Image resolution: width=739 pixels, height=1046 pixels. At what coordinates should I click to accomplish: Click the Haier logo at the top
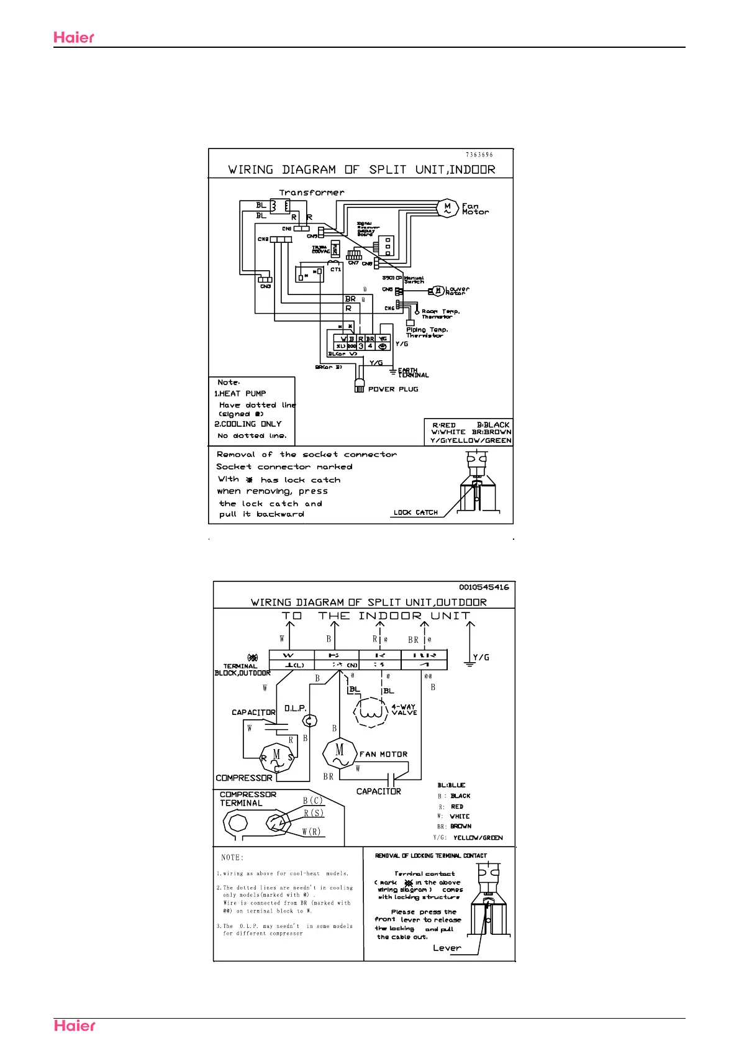(74, 37)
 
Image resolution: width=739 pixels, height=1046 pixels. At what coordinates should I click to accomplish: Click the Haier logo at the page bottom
(75, 1026)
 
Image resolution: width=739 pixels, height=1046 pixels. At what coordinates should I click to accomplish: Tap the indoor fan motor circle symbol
(447, 207)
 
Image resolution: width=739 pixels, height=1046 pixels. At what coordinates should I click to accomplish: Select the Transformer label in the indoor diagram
(311, 193)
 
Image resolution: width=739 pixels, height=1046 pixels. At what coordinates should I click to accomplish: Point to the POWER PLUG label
(393, 389)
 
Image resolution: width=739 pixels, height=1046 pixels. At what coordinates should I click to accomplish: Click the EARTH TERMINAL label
(413, 373)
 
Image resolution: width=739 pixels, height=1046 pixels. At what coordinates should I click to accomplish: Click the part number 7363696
(479, 155)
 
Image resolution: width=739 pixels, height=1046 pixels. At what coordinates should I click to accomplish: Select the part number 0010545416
(484, 587)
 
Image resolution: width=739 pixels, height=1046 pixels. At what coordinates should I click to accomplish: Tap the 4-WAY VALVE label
(404, 709)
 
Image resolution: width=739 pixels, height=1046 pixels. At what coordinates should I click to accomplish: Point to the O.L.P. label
(295, 708)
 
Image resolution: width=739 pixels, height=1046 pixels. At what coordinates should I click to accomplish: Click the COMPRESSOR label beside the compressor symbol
(244, 778)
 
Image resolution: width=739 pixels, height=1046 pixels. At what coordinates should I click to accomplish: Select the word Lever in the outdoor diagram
(447, 948)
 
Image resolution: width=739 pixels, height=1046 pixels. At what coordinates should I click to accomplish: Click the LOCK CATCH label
(415, 512)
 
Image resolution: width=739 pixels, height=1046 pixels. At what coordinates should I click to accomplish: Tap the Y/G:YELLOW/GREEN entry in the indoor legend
(471, 440)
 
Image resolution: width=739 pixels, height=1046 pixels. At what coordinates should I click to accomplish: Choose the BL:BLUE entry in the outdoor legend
(451, 785)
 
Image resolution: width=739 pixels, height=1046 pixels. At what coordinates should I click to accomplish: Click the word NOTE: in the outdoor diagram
(232, 858)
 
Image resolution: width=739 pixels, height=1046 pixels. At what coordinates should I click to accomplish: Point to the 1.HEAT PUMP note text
(240, 394)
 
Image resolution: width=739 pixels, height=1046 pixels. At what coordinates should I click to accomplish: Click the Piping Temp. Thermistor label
(427, 332)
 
